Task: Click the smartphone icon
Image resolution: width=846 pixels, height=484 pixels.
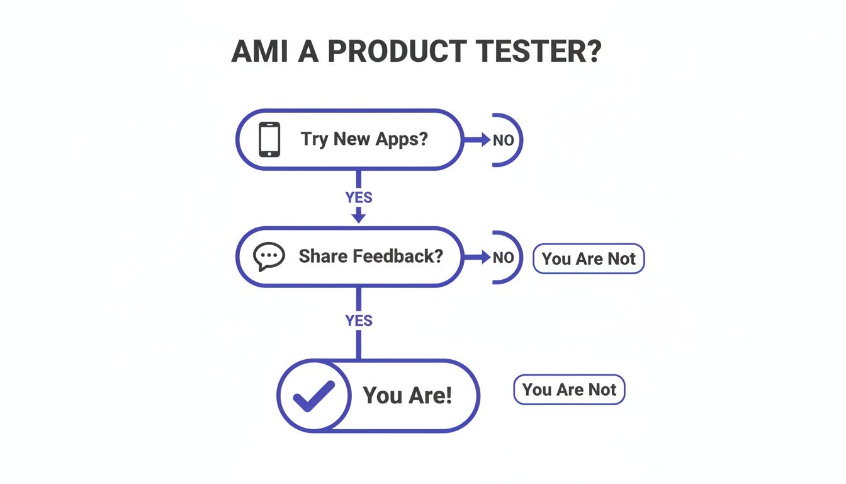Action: click(269, 139)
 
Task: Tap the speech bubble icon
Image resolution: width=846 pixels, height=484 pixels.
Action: click(269, 257)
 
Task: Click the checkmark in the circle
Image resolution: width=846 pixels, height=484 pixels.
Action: click(313, 396)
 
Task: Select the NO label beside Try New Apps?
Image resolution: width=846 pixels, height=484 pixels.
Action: click(503, 141)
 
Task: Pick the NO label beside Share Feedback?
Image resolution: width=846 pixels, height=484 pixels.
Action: click(503, 258)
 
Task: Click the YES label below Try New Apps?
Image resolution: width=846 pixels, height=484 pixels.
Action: click(359, 197)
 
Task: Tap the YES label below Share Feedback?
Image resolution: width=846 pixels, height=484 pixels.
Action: click(359, 321)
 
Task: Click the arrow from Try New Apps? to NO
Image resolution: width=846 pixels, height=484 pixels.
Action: click(477, 140)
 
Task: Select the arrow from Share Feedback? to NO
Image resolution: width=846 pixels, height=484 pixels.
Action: click(477, 257)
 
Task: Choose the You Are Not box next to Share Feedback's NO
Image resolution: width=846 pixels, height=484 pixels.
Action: click(589, 258)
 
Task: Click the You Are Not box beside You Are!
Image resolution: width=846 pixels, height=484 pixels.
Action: click(569, 390)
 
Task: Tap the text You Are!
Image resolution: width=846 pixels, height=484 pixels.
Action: click(407, 396)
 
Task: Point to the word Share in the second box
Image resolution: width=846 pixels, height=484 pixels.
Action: click(322, 256)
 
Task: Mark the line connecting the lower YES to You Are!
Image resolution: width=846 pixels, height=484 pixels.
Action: click(359, 345)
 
